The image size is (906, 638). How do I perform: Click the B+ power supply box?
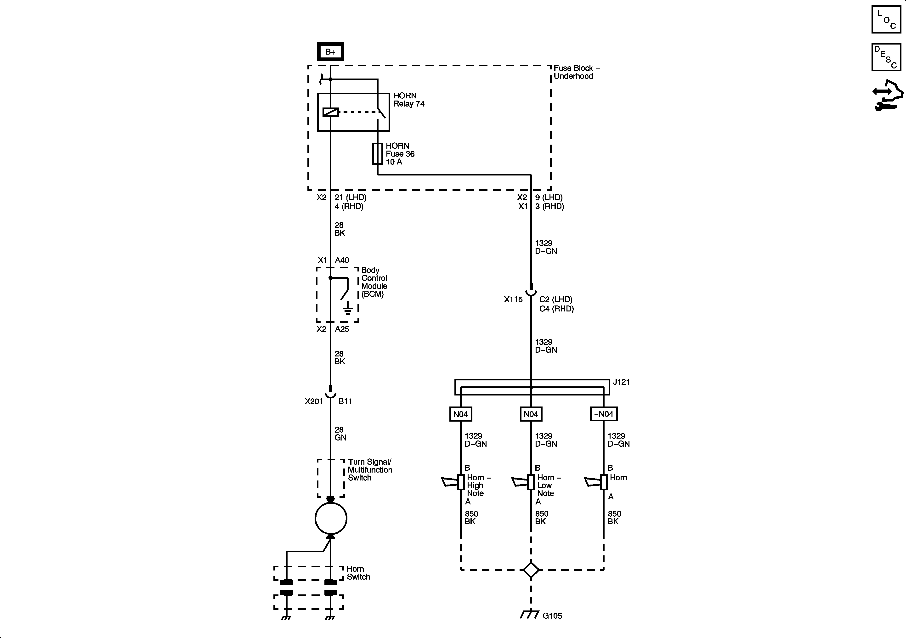330,52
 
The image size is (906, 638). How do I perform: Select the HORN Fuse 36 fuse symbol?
378,153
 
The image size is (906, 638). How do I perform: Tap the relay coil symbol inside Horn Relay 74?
330,112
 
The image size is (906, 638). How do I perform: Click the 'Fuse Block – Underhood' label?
576,72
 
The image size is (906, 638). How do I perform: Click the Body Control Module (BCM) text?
374,282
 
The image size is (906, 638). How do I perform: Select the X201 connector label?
314,402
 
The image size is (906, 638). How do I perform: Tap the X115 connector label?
513,299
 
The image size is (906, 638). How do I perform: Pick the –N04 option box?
603,414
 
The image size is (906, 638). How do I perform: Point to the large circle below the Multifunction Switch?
331,518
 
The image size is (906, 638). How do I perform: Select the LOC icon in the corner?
886,19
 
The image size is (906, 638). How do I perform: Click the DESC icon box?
886,57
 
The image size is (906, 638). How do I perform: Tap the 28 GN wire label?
340,434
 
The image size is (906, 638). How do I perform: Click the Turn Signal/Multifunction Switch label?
369,469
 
